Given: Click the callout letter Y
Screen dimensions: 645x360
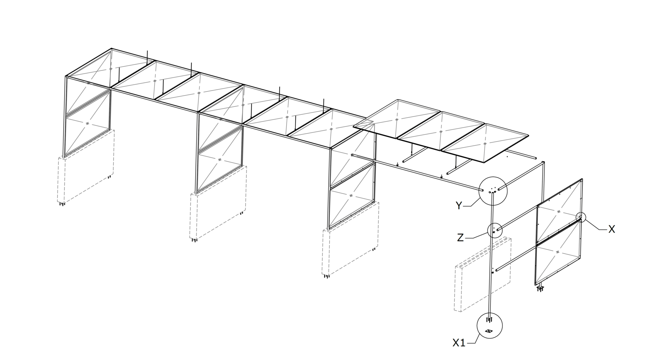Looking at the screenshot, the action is click(x=459, y=205).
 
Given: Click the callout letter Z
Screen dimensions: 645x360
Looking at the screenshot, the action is click(x=460, y=238).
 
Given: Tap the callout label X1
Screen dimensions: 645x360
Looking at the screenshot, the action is click(x=459, y=343).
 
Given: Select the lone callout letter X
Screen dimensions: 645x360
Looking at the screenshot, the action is click(x=611, y=229).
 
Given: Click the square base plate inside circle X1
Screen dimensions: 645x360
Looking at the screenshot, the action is click(x=489, y=331).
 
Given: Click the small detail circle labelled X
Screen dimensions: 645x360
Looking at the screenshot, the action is click(x=580, y=217).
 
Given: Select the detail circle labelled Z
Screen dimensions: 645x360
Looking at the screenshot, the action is click(x=495, y=231).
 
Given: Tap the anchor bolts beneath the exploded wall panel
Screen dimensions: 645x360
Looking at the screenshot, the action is click(x=540, y=288).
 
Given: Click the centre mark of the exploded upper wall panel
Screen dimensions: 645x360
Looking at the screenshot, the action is click(x=559, y=211).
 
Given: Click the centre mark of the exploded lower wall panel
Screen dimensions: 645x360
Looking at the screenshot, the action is click(x=558, y=252).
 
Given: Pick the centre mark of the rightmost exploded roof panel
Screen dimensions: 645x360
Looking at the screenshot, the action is click(x=485, y=144).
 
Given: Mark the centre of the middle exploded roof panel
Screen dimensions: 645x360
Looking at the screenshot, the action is click(x=441, y=132).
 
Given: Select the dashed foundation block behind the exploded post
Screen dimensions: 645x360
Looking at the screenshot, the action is click(x=483, y=274).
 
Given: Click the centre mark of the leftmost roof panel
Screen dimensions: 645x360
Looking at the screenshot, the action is click(x=111, y=69).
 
